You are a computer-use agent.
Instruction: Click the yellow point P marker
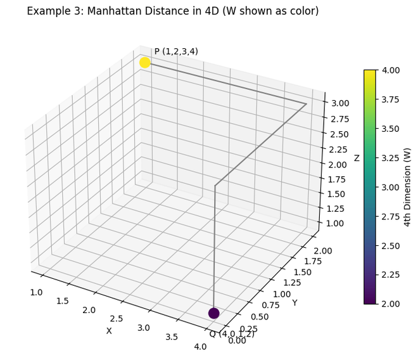coord(144,62)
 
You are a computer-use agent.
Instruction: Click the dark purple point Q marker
coord(214,313)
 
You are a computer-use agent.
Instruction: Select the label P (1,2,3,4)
coord(176,51)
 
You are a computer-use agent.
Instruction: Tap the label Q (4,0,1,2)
coord(232,334)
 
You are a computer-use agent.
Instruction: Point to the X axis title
coord(109,331)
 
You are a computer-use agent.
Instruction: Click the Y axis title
coord(294,303)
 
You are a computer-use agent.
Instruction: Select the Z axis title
coord(357,158)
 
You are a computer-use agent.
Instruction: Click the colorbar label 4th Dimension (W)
coord(407,186)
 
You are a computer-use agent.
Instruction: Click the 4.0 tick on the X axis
coord(200,346)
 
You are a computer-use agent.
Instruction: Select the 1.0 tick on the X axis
coord(36,292)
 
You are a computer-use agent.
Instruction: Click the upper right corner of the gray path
coord(307,104)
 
